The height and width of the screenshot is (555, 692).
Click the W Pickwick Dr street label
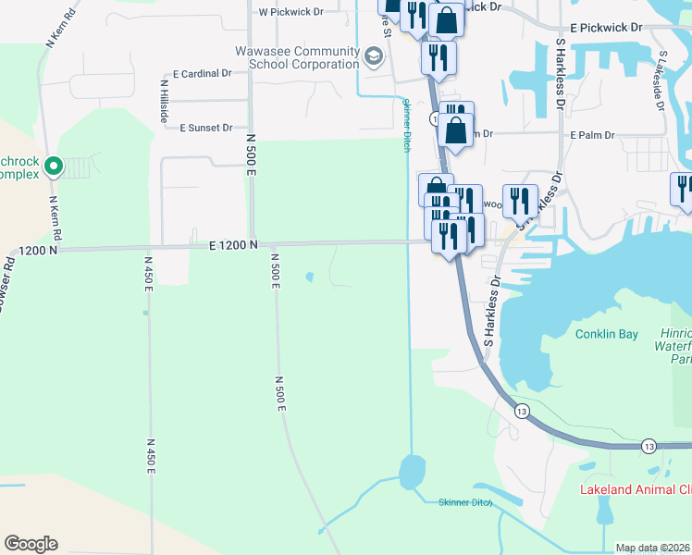tap(290, 13)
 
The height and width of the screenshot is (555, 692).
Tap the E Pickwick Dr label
tap(606, 28)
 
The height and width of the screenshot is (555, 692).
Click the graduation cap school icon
tap(374, 57)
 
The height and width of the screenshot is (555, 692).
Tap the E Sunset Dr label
tap(206, 128)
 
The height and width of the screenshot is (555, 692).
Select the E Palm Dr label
tap(592, 135)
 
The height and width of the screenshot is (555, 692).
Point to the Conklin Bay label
tap(606, 334)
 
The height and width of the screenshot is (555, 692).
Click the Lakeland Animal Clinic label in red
tap(635, 489)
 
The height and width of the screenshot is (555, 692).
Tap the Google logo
tap(31, 543)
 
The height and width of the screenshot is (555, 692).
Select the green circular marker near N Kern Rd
tap(54, 166)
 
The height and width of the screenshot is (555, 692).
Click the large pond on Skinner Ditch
tap(411, 473)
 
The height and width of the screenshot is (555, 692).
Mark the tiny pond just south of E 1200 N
tap(309, 276)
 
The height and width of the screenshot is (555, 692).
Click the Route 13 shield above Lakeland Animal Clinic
tap(648, 445)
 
